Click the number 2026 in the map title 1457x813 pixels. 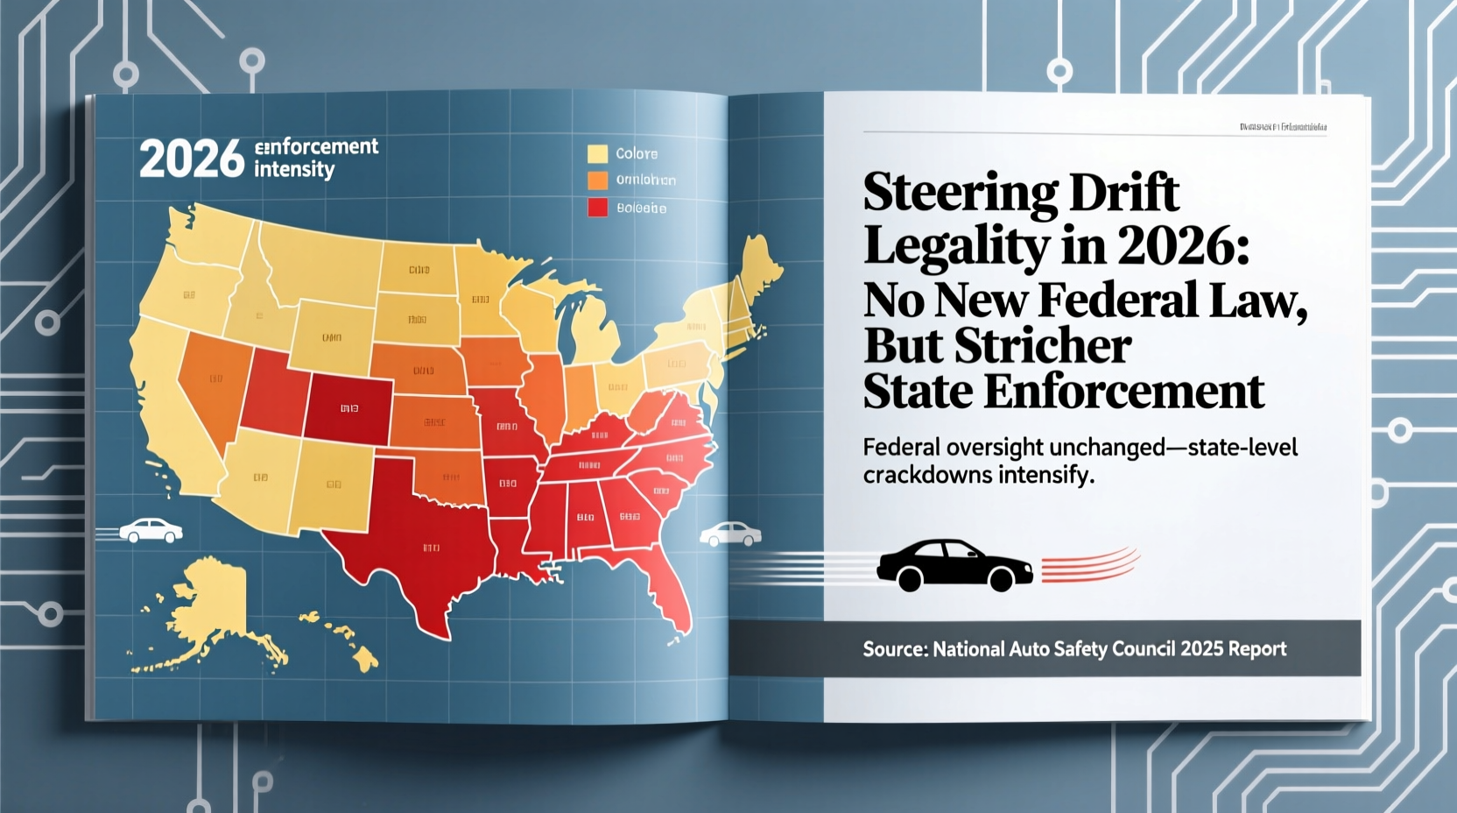click(x=191, y=159)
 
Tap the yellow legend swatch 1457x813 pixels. click(x=597, y=154)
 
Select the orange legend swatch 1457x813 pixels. click(x=597, y=180)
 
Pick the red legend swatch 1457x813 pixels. click(x=597, y=208)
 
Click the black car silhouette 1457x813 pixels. click(x=954, y=565)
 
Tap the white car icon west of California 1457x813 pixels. click(x=151, y=530)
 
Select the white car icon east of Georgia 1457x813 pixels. click(x=730, y=534)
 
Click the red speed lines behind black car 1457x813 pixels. click(x=1090, y=565)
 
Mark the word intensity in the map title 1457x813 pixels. click(x=294, y=169)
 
